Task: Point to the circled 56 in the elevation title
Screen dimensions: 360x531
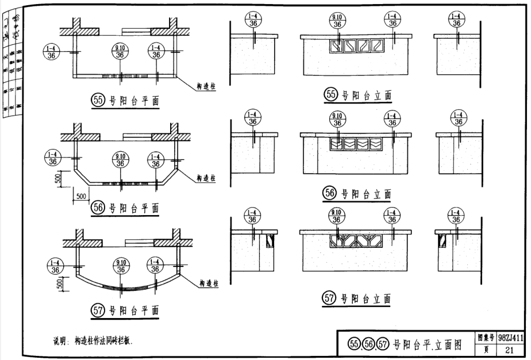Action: (330, 194)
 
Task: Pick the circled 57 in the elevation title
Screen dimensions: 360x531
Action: (329, 298)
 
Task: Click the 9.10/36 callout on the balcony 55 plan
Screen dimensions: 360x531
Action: (121, 52)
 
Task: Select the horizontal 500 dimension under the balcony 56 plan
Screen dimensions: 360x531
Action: (80, 196)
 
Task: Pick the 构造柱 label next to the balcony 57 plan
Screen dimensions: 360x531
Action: (211, 284)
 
